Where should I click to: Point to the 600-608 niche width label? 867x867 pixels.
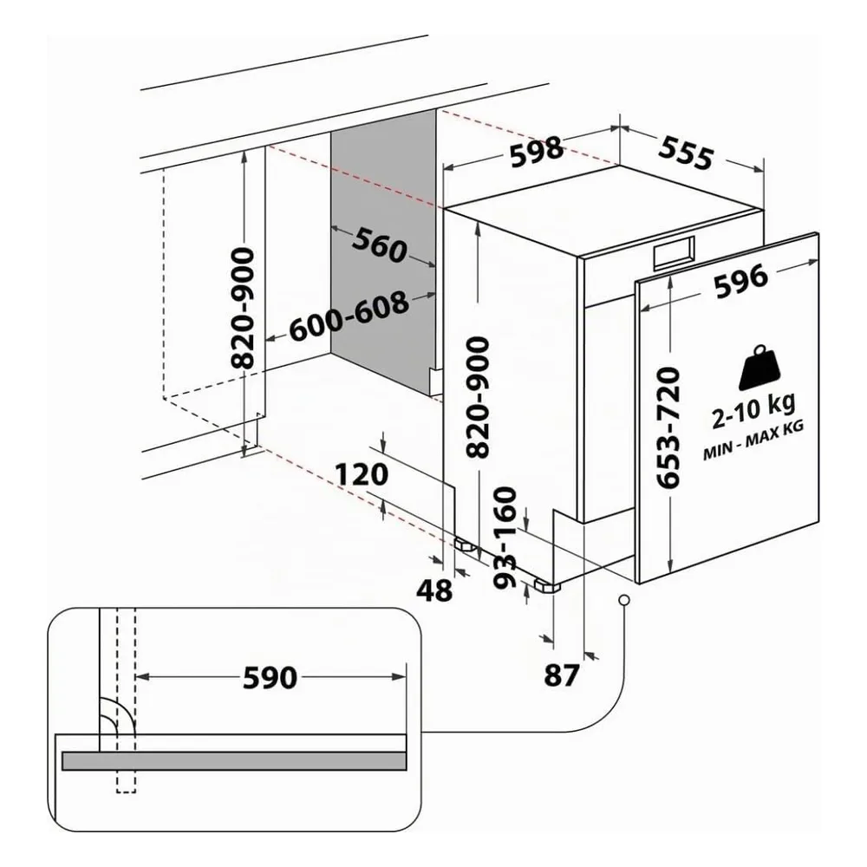(349, 317)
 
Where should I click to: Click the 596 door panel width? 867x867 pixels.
(741, 281)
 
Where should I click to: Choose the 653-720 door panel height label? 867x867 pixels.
(668, 427)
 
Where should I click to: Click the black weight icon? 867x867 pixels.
(763, 367)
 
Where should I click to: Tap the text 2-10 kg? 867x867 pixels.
(753, 410)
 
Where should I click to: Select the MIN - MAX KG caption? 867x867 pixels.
(753, 440)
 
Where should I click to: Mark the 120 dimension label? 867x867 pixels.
(362, 474)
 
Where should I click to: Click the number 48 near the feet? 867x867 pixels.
(434, 590)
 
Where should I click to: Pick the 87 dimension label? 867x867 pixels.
(562, 675)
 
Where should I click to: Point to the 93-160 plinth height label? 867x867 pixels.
(504, 538)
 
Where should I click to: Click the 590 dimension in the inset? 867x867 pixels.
(271, 678)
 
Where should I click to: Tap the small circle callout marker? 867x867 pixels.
(624, 600)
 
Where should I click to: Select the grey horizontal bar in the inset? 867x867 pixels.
(234, 761)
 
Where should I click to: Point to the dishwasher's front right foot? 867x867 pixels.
(547, 585)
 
